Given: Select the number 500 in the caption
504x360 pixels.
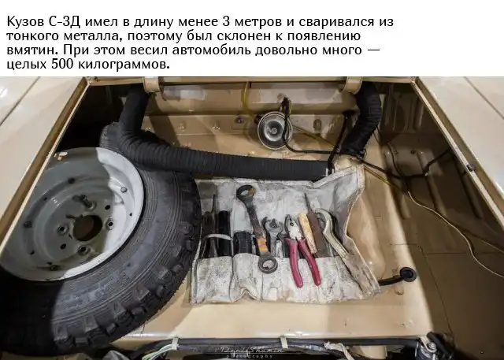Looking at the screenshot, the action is pos(62,65).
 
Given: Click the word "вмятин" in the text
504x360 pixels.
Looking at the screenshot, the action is pos(32,50).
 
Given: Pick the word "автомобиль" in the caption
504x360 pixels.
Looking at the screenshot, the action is pos(211,50).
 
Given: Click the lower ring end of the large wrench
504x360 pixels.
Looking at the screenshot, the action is pos(268,263).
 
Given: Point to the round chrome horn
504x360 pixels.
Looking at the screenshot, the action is pos(274,130).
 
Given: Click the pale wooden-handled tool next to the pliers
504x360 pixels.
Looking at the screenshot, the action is pos(307,232).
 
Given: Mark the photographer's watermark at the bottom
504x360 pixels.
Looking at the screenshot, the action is pos(252,351).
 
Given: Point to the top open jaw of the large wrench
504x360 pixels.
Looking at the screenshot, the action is pos(246,192).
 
